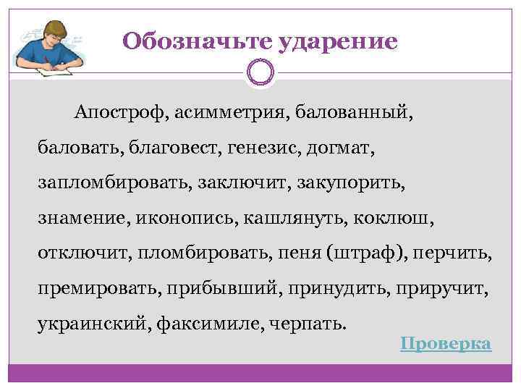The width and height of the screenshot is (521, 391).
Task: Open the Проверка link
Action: coord(446,343)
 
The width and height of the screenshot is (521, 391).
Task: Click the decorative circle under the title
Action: coord(260,72)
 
